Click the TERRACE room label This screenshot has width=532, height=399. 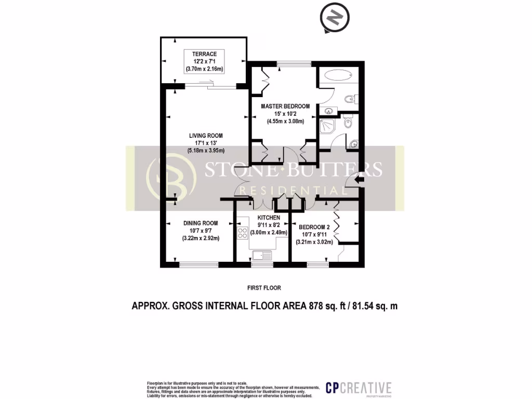[200, 54]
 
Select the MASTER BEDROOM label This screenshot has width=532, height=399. [285, 107]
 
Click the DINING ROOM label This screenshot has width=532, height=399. [200, 223]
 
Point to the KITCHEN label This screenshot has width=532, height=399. [269, 218]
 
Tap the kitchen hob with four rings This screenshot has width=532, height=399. [243, 233]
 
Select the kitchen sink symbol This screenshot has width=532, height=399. [262, 255]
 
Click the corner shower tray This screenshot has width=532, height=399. [329, 125]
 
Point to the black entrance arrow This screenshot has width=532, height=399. [358, 180]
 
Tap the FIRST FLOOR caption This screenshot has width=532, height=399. [265, 287]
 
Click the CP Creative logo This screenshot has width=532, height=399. [358, 387]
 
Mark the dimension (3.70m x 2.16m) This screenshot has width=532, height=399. [200, 69]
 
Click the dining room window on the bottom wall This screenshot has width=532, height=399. [198, 264]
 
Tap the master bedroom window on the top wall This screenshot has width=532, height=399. [294, 64]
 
